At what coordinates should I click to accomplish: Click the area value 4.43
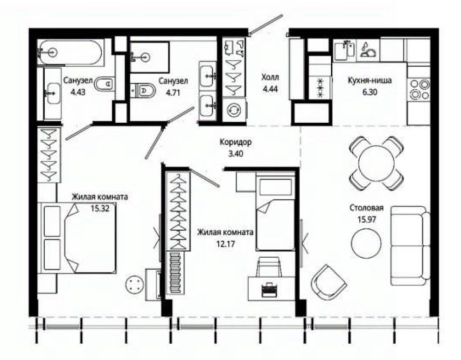point(78,92)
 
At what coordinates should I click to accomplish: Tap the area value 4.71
point(173,92)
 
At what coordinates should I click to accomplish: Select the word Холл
point(270,78)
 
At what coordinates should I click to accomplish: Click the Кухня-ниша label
point(370,80)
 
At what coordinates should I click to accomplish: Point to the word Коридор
point(236,142)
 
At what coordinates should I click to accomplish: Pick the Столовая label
point(367,208)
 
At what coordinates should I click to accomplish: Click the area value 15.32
point(100,209)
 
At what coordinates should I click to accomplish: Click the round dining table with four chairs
point(377,163)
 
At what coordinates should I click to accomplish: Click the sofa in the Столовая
point(410,246)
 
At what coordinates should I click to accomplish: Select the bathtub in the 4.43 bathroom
point(71,53)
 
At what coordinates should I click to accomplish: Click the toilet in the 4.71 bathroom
point(143,91)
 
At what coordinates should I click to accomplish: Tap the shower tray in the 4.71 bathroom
point(150,57)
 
